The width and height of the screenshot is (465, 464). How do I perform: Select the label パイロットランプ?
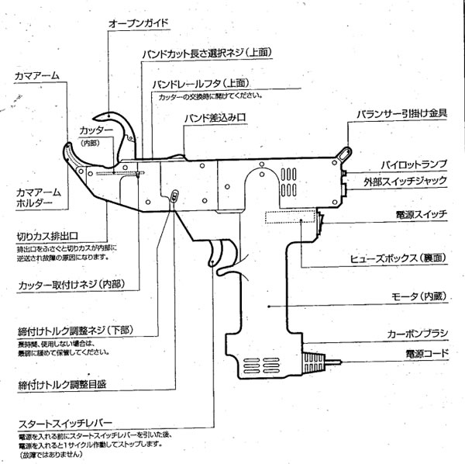point(414,164)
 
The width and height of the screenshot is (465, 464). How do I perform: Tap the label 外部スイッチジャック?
point(410,182)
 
